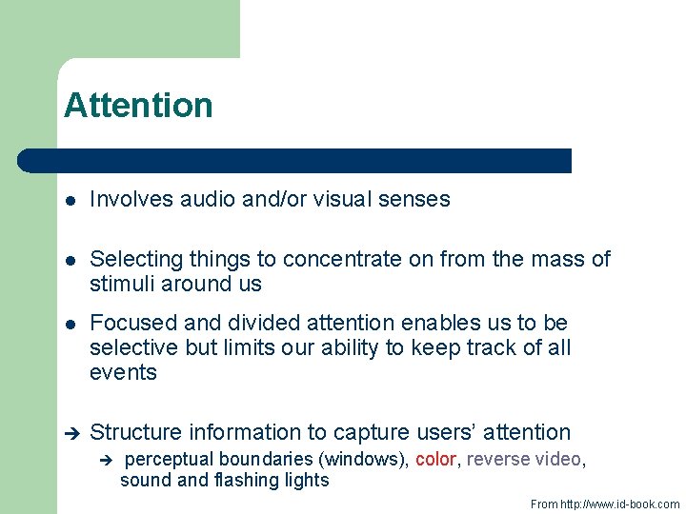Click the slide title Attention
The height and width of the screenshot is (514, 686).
coord(138,105)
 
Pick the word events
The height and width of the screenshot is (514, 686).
coord(123,372)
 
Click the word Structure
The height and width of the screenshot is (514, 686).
coord(135,432)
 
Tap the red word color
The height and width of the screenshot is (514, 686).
coord(435,459)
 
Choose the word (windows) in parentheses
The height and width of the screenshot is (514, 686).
coord(367,459)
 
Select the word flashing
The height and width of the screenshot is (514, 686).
coord(226,480)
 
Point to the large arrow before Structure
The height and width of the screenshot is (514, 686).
coord(70,433)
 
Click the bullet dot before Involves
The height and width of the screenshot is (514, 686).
coord(70,200)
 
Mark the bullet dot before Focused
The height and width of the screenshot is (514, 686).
coord(70,324)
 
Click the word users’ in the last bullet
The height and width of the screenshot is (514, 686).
coord(445,432)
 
